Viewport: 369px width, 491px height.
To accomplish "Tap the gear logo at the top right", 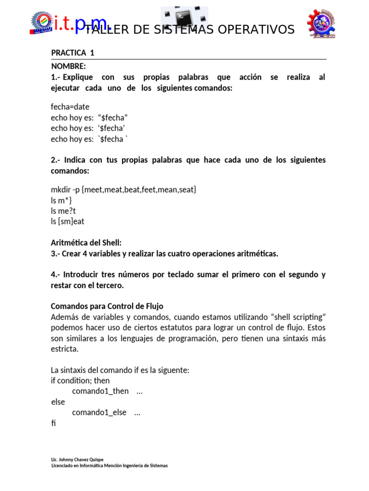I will (321, 23).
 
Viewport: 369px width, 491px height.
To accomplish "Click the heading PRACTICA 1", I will (73, 53).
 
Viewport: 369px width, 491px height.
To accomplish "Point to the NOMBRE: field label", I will (68, 66).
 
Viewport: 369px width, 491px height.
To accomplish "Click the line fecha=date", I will (70, 106).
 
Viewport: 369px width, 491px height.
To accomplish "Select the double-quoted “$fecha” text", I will (112, 117).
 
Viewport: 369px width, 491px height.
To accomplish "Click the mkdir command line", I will (124, 189).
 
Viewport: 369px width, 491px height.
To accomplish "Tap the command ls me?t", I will (63, 210).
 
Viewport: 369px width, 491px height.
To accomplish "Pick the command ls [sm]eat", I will (67, 222).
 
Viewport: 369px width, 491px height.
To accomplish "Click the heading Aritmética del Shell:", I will (90, 243).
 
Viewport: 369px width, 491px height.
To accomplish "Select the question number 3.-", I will (55, 254).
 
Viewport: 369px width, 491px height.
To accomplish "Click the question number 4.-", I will (55, 275).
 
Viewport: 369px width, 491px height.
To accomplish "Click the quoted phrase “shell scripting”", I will (299, 317).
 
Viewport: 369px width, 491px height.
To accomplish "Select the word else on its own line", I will (58, 402).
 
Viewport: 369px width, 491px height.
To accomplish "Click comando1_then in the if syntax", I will (100, 391).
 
